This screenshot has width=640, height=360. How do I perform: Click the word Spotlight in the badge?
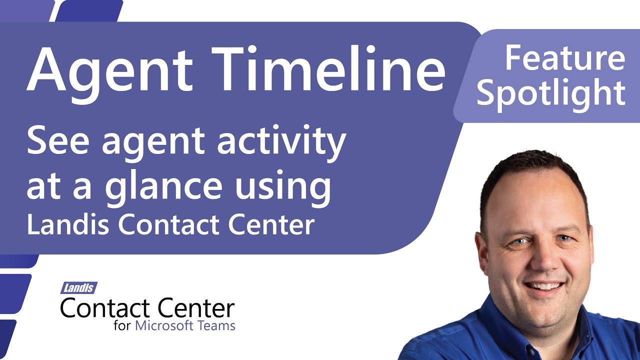[550, 93]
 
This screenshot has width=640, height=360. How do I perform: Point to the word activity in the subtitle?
[281, 142]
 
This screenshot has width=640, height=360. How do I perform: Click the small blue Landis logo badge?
[79, 288]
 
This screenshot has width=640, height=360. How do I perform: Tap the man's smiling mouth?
[544, 287]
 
